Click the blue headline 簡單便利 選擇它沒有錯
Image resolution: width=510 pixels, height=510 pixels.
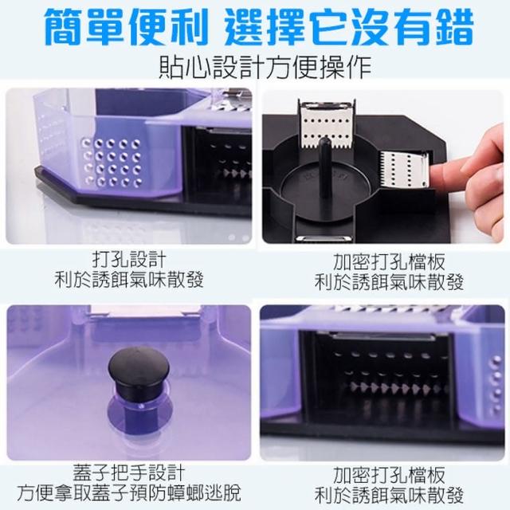click(x=258, y=27)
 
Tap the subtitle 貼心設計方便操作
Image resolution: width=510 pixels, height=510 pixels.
click(x=265, y=67)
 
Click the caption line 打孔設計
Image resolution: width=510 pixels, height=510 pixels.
click(x=129, y=259)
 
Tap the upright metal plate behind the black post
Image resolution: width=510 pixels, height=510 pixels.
click(x=326, y=125)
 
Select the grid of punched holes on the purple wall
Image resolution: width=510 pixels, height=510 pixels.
click(x=112, y=162)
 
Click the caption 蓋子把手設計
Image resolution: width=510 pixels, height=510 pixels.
click(x=129, y=473)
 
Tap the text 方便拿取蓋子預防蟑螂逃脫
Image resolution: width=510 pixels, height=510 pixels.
click(x=129, y=493)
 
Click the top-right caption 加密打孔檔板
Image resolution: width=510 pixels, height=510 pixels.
click(x=389, y=262)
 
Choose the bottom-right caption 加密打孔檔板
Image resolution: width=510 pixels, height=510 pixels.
click(x=389, y=475)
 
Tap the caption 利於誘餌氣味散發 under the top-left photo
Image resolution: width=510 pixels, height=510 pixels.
click(x=129, y=280)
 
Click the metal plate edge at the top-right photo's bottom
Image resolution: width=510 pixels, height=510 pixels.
click(x=324, y=239)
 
